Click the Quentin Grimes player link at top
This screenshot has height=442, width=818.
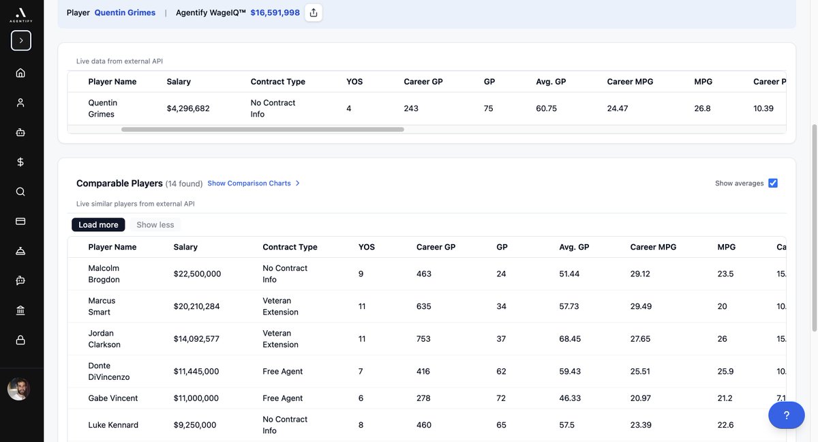click(125, 12)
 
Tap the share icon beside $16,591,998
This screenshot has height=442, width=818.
click(314, 12)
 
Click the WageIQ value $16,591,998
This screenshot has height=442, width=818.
click(275, 12)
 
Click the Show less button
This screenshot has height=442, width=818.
click(155, 225)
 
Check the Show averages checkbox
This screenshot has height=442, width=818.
click(773, 183)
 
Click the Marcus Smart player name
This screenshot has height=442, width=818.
click(102, 306)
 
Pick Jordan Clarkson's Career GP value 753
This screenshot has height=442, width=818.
click(424, 338)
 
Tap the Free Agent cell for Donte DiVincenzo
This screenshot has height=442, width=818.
click(282, 371)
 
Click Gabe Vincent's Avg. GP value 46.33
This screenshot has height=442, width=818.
click(569, 398)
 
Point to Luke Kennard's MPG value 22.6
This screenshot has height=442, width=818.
click(725, 425)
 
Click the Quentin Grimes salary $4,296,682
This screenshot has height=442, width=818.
click(188, 108)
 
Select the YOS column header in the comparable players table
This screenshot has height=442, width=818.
click(367, 247)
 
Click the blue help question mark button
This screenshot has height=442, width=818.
click(786, 415)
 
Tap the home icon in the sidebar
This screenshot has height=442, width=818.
click(20, 73)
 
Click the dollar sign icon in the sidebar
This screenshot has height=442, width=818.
click(20, 162)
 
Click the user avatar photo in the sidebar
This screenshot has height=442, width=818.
click(19, 389)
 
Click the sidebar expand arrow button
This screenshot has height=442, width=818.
click(20, 40)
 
